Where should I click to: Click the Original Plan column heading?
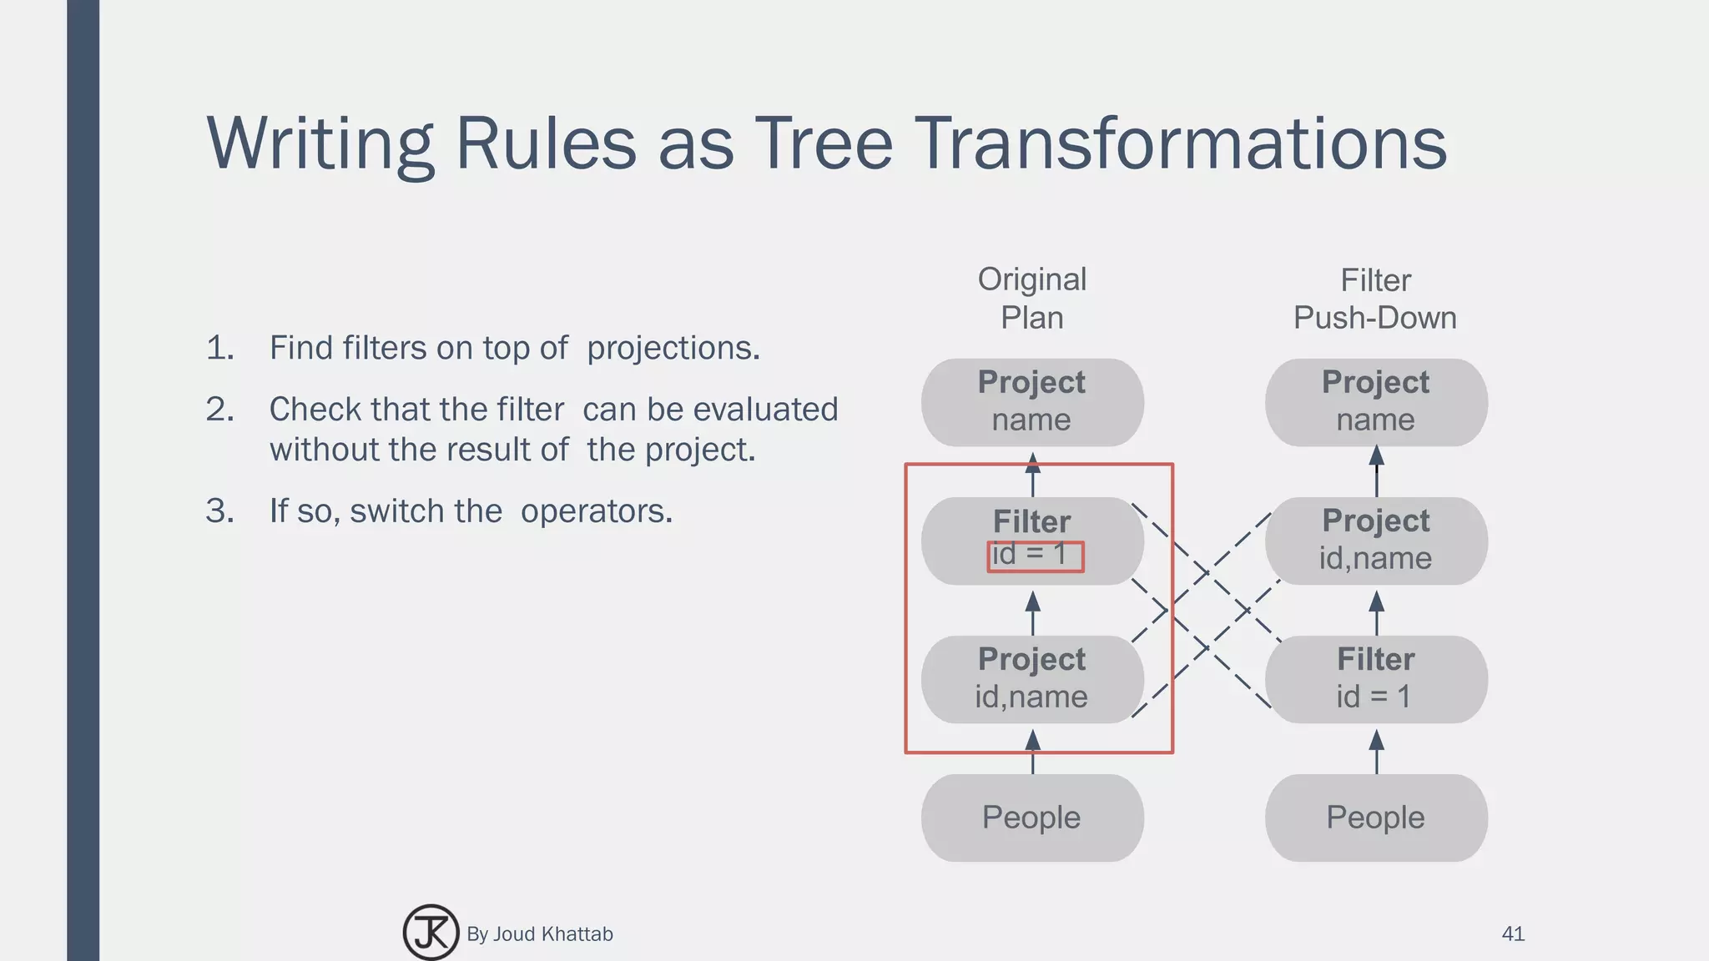click(x=1032, y=298)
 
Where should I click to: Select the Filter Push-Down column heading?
click(x=1375, y=298)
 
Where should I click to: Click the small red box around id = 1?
click(x=1035, y=556)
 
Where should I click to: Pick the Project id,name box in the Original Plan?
click(x=1032, y=678)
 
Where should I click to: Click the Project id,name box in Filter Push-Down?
click(x=1375, y=540)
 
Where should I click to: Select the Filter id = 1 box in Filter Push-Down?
click(x=1375, y=678)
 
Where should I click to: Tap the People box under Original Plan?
click(x=1032, y=817)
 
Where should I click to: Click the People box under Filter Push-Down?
click(x=1375, y=817)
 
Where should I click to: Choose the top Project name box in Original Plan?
click(x=1032, y=401)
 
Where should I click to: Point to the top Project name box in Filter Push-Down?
click(x=1375, y=401)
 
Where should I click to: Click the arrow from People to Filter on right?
click(x=1377, y=751)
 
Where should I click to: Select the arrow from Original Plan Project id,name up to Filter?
click(x=1032, y=612)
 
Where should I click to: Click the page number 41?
click(x=1512, y=933)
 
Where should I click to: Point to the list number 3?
click(x=219, y=511)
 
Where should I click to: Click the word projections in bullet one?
click(x=673, y=348)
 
